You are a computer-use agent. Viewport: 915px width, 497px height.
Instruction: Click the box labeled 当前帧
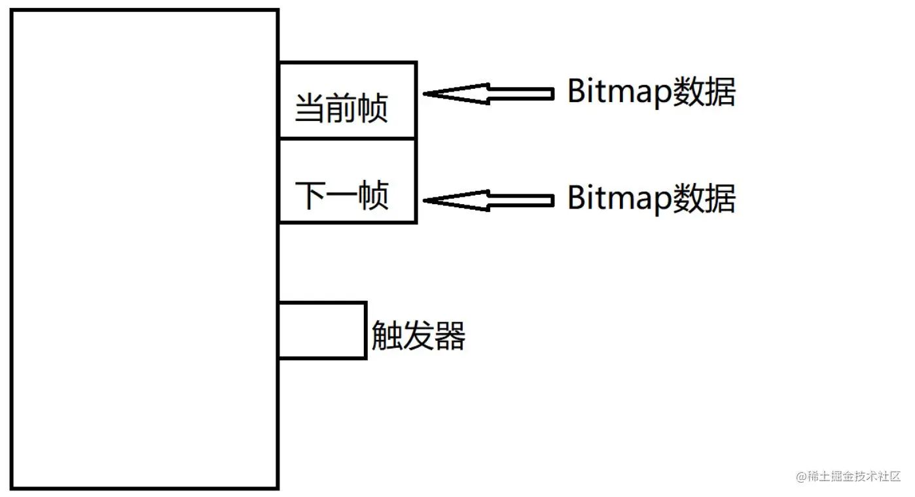[x=348, y=100]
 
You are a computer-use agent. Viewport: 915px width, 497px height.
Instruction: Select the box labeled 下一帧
[x=348, y=181]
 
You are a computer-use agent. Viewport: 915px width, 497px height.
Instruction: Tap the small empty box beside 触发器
[x=322, y=330]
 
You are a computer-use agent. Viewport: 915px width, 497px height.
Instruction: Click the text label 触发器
[x=418, y=336]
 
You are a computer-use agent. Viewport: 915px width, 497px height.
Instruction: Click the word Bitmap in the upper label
[x=611, y=92]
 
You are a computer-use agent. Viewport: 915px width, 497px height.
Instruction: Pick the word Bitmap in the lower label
[x=611, y=198]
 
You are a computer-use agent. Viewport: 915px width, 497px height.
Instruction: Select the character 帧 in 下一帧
[x=374, y=195]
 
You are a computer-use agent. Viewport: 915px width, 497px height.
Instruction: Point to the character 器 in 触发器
[x=450, y=336]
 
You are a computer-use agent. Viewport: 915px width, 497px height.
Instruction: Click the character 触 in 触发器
[x=387, y=336]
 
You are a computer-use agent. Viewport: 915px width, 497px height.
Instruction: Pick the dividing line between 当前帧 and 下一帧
[x=348, y=139]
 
